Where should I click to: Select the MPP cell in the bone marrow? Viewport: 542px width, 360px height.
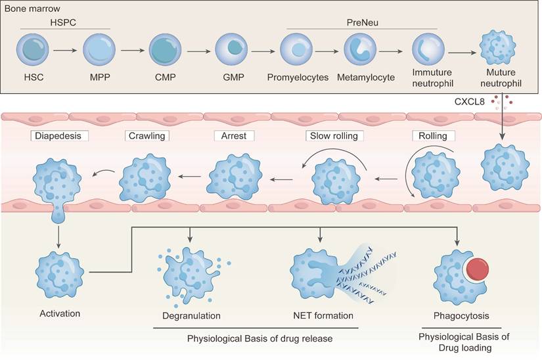[99, 50]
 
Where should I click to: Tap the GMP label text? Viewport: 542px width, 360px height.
[232, 78]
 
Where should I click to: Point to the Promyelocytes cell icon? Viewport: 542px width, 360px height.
[297, 50]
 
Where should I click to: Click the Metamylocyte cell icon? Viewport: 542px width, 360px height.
[361, 50]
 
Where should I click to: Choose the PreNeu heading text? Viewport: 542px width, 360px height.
[362, 22]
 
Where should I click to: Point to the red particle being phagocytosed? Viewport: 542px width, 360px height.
[478, 271]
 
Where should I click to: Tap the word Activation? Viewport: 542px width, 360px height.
[59, 313]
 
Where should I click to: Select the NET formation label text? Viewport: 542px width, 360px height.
[323, 316]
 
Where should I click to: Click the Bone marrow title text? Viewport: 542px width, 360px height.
[32, 9]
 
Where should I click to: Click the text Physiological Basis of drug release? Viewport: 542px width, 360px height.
[260, 338]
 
